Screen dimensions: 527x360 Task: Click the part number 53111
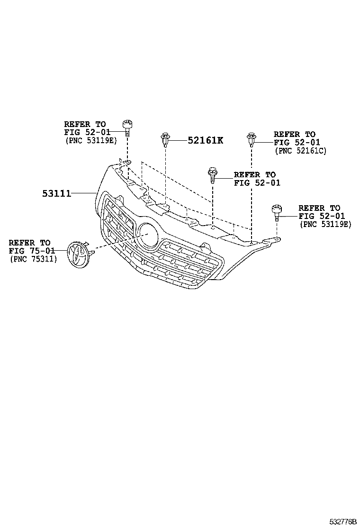pos(56,193)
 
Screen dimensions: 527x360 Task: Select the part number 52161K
pos(205,140)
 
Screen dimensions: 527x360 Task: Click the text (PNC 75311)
pos(33,259)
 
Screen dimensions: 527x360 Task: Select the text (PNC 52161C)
pos(300,151)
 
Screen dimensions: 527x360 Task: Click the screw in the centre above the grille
pos(212,176)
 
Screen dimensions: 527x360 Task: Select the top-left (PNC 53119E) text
pos(90,140)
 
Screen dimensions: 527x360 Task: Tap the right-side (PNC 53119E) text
pos(325,224)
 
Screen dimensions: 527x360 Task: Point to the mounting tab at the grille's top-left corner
pos(124,164)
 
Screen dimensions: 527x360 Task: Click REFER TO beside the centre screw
pos(254,175)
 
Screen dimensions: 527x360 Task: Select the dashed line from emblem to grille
pos(114,243)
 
